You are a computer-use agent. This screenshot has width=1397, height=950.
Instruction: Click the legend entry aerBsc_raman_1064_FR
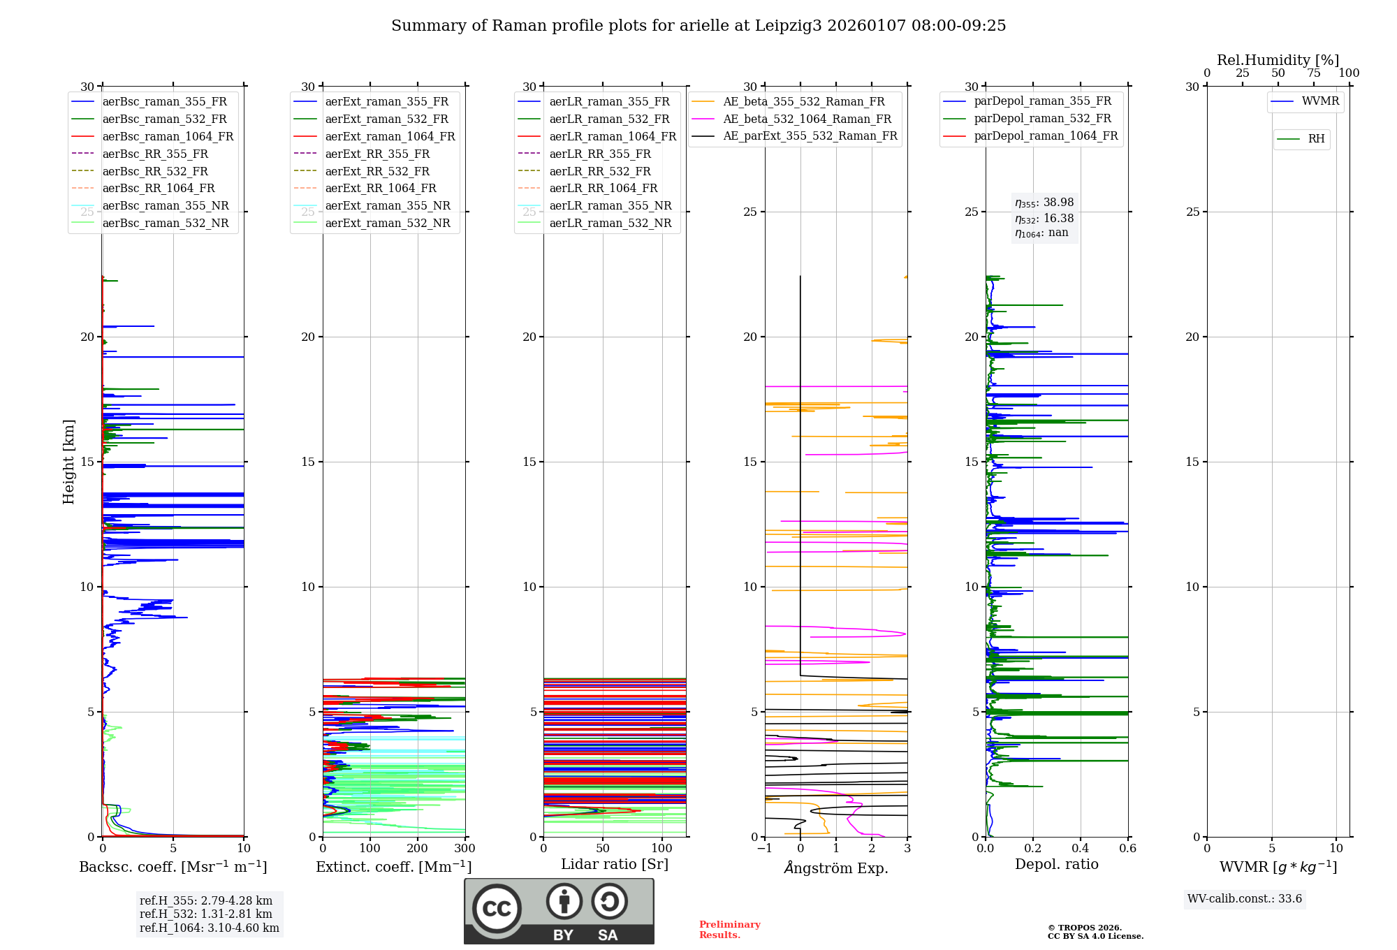[168, 137]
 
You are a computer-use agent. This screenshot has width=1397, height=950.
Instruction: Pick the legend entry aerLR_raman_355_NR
[610, 206]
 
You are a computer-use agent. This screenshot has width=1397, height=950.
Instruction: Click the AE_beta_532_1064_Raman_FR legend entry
[807, 119]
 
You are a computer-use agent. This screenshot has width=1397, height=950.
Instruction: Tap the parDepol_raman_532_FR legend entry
[1042, 119]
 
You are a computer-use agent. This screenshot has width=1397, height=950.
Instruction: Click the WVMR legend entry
[1320, 101]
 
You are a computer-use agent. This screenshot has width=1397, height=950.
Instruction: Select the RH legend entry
[1316, 139]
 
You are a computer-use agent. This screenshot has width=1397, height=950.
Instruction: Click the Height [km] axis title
[68, 462]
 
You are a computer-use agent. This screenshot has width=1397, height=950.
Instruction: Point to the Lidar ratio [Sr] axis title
[615, 865]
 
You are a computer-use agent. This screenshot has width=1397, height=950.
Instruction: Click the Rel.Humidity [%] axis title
[1278, 60]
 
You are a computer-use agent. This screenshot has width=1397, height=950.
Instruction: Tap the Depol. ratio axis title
[1056, 865]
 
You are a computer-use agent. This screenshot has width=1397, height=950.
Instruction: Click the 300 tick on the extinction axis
[465, 849]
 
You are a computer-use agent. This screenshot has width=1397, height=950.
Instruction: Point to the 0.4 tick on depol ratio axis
[1081, 849]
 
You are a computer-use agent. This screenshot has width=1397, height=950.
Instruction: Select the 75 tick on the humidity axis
[1314, 73]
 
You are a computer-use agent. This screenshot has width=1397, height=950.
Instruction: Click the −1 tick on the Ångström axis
[765, 849]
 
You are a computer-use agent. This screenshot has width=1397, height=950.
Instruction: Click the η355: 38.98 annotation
[1044, 203]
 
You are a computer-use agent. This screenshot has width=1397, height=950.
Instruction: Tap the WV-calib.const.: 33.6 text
[1245, 899]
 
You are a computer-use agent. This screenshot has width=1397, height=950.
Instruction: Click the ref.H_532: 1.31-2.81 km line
[205, 914]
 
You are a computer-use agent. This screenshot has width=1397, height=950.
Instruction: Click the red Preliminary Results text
[729, 930]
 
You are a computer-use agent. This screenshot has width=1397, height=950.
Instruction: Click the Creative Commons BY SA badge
[559, 912]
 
